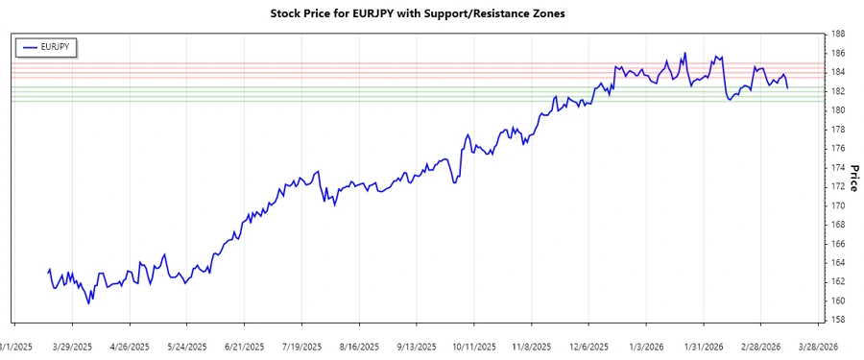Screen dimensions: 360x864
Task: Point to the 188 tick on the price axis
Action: [838, 34]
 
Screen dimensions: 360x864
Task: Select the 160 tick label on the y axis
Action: [838, 300]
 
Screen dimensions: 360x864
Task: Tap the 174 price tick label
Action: [838, 167]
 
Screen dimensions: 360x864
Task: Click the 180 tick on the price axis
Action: [838, 110]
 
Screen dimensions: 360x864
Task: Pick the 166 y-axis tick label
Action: [838, 244]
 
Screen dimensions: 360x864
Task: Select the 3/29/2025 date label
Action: [72, 347]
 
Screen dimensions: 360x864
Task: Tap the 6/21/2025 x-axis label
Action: [244, 347]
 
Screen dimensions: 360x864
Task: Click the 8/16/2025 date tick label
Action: [359, 347]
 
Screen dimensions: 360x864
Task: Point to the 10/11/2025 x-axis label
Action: [474, 347]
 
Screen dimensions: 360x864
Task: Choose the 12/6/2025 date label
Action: [589, 347]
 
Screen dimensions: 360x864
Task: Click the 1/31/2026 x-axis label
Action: [705, 347]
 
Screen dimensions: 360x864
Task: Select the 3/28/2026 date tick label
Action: [819, 347]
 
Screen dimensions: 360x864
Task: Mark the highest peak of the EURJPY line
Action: [685, 53]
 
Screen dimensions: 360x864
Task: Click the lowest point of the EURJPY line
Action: [89, 303]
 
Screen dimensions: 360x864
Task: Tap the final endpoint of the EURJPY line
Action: [788, 88]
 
